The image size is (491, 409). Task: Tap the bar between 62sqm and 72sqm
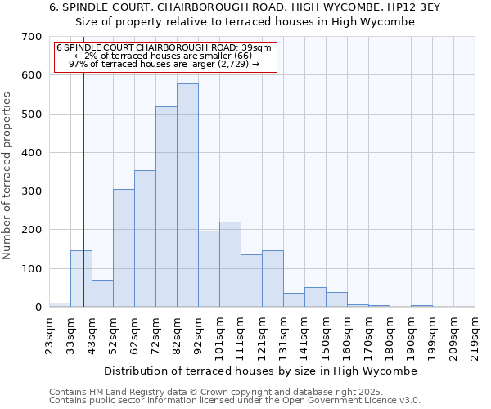pos(145,238)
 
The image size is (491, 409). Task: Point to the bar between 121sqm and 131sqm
pos(273,278)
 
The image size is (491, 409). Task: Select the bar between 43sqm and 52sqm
pos(102,293)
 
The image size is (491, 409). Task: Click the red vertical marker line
pos(83,204)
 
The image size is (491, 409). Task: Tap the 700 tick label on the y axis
pos(32,37)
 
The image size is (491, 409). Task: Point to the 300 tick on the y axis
pos(32,191)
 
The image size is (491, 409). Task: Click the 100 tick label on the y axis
pos(32,268)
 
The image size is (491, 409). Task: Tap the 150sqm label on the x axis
pos(326,335)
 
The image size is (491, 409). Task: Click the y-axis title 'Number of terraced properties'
pos(8,176)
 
